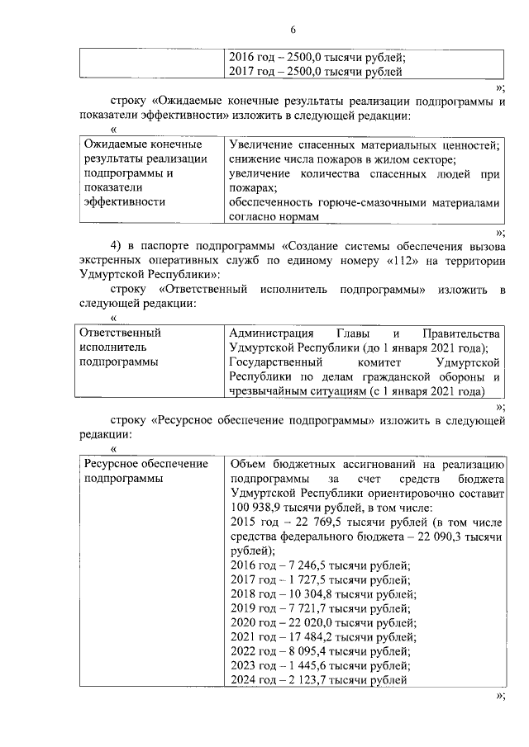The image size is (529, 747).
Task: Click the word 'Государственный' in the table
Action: coord(274,362)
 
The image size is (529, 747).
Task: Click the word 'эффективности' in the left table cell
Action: coord(125,202)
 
